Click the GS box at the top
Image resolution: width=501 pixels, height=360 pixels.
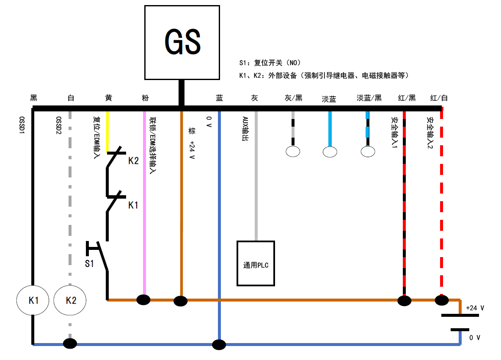click(182, 42)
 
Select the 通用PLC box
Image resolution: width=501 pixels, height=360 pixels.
click(256, 263)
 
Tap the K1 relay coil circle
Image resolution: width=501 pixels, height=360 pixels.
click(33, 300)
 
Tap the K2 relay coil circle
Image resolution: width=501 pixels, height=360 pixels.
click(70, 300)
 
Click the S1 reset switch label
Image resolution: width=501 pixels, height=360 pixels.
click(89, 263)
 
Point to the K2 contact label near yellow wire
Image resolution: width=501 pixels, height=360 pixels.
click(133, 161)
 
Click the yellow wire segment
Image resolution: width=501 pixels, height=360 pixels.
click(107, 131)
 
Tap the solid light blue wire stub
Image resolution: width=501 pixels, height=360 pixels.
click(330, 129)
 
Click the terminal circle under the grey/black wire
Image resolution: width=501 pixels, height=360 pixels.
click(293, 151)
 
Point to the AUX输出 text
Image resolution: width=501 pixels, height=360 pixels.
click(245, 129)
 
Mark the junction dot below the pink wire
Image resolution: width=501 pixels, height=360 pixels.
click(143, 300)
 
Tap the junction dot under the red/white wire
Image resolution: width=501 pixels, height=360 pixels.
click(442, 300)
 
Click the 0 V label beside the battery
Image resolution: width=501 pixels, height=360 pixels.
click(475, 338)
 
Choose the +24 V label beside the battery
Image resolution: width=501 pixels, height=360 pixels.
click(475, 308)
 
